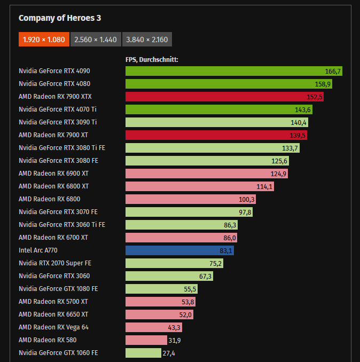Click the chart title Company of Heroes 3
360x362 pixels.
click(60, 18)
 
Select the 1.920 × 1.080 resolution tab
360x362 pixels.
click(44, 40)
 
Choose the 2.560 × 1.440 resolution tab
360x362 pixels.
click(95, 40)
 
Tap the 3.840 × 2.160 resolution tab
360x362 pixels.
click(147, 40)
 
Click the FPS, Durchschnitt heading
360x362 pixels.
click(152, 59)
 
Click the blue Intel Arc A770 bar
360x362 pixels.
click(179, 250)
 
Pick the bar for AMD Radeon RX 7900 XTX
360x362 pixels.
click(224, 97)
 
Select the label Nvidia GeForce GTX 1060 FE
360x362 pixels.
click(58, 353)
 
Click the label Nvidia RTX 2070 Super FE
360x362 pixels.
click(54, 263)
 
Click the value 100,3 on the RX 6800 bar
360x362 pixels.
click(247, 199)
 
